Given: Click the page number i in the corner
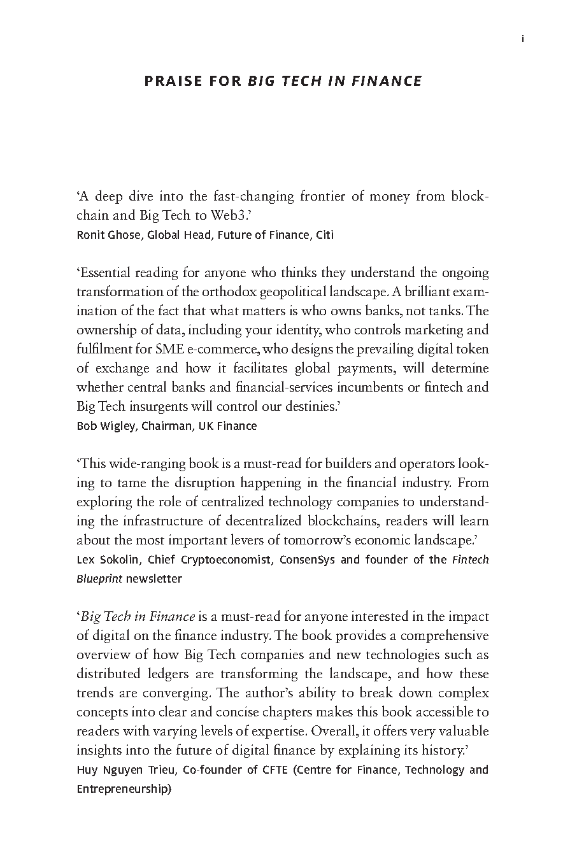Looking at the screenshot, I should pos(522,39).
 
